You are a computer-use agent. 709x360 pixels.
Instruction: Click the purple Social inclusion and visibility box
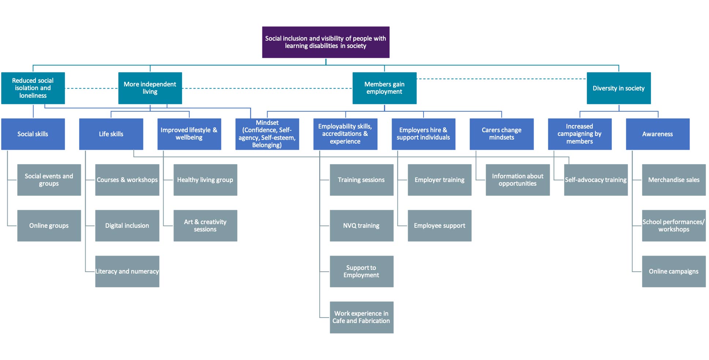pyautogui.click(x=326, y=42)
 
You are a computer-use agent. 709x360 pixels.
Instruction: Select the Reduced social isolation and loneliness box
pyautogui.click(x=33, y=88)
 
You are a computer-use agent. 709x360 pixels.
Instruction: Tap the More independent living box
pyautogui.click(x=150, y=88)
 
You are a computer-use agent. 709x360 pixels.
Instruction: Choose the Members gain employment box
pyautogui.click(x=384, y=88)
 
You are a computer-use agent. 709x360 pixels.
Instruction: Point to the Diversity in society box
pyautogui.click(x=619, y=88)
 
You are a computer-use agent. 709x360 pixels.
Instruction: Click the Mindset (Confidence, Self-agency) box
pyautogui.click(x=267, y=134)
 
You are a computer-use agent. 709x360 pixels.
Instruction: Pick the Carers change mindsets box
pyautogui.click(x=501, y=134)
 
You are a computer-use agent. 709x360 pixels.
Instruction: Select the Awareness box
pyautogui.click(x=658, y=134)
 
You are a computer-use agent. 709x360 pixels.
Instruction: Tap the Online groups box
pyautogui.click(x=49, y=226)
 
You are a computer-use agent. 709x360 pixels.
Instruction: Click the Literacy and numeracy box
pyautogui.click(x=127, y=271)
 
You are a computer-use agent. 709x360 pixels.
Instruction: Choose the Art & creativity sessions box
pyautogui.click(x=205, y=226)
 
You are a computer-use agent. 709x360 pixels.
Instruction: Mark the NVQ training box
pyautogui.click(x=362, y=226)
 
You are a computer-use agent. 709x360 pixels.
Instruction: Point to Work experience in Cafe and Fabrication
pyautogui.click(x=362, y=317)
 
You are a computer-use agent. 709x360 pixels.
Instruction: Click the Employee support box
pyautogui.click(x=440, y=226)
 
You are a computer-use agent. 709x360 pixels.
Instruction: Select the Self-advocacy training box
pyautogui.click(x=596, y=180)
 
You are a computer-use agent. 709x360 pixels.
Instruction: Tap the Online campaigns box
pyautogui.click(x=674, y=271)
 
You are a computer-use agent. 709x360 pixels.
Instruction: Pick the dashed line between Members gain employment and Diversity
pyautogui.click(x=501, y=79)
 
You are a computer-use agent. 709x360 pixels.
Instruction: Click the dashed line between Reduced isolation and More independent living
pyautogui.click(x=92, y=88)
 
